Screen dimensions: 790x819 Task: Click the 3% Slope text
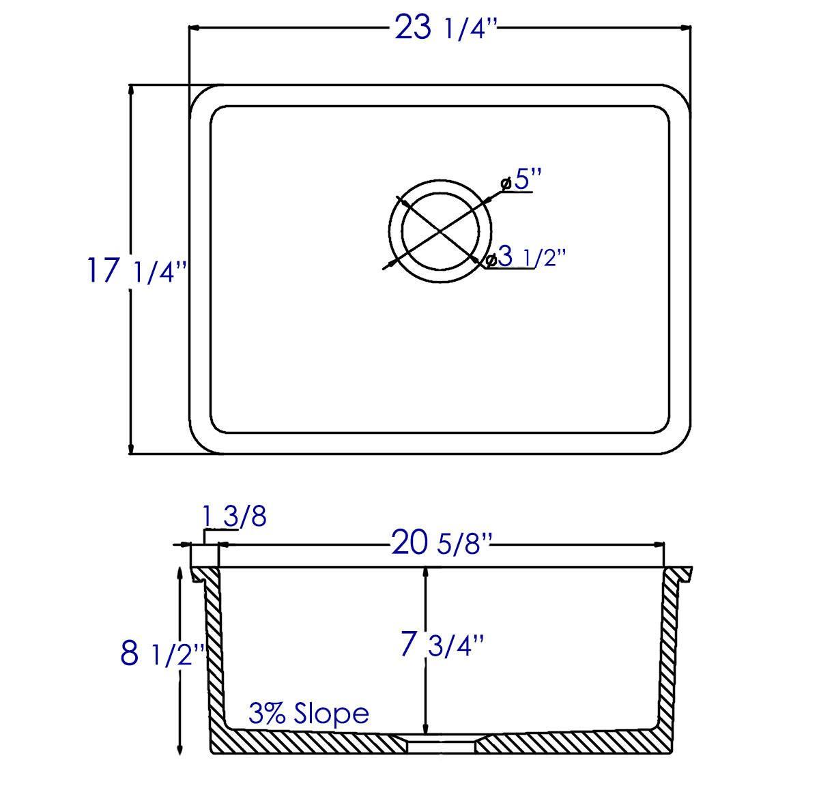pos(308,714)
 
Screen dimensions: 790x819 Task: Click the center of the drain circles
pos(440,231)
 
